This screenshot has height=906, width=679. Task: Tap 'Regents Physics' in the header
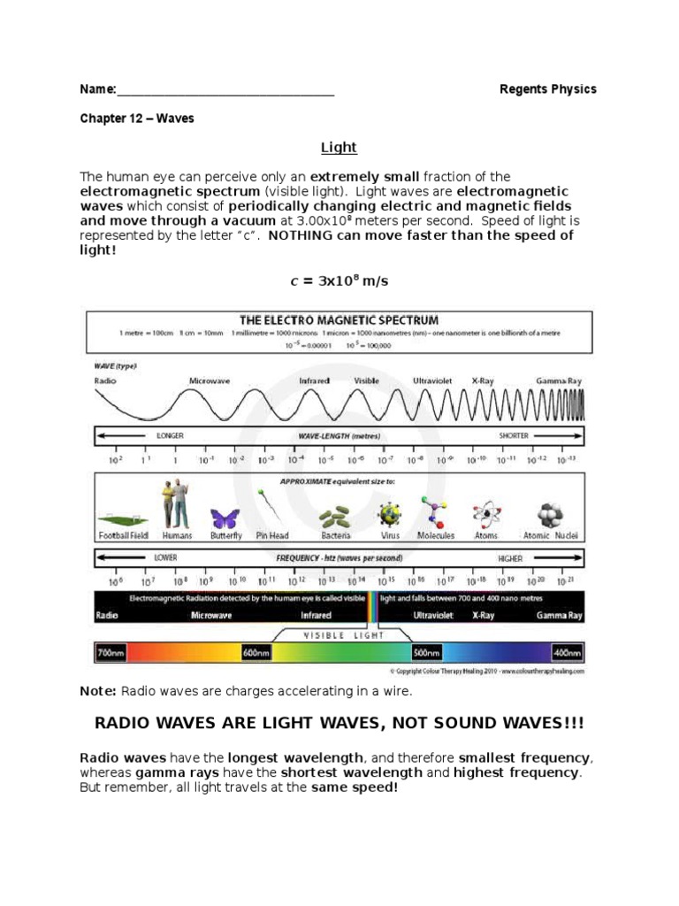(x=547, y=89)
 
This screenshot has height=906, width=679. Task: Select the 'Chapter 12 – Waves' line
(x=137, y=118)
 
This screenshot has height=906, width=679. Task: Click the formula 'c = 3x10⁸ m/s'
(x=339, y=281)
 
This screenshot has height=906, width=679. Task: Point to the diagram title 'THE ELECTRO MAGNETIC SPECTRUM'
(x=339, y=319)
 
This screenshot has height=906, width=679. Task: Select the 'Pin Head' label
(x=273, y=536)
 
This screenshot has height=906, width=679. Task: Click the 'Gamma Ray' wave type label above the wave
(x=559, y=380)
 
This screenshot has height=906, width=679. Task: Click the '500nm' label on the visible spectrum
(x=425, y=653)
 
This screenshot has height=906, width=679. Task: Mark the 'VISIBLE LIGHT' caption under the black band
(x=339, y=634)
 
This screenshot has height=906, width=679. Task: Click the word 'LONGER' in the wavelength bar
(x=169, y=436)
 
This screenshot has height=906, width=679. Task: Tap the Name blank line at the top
(x=225, y=90)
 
